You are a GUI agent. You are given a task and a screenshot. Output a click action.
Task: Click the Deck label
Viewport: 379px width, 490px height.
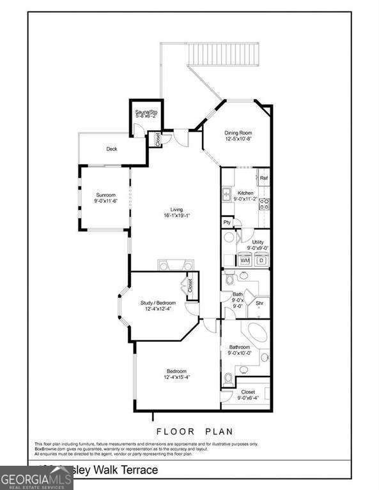point(112,149)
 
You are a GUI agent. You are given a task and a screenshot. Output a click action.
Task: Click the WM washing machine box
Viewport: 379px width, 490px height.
point(245,260)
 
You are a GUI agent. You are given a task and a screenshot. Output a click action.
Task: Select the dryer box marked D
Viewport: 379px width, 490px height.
point(262,260)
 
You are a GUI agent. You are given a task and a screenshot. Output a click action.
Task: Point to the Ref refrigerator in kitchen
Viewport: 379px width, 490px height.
point(263,178)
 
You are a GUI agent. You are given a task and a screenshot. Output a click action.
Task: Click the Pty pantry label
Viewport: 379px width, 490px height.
point(227,222)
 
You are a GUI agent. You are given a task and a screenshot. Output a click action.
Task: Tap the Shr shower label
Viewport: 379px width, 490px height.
point(259,303)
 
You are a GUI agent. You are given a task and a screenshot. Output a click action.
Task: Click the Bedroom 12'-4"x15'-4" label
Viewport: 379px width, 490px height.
point(176,374)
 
